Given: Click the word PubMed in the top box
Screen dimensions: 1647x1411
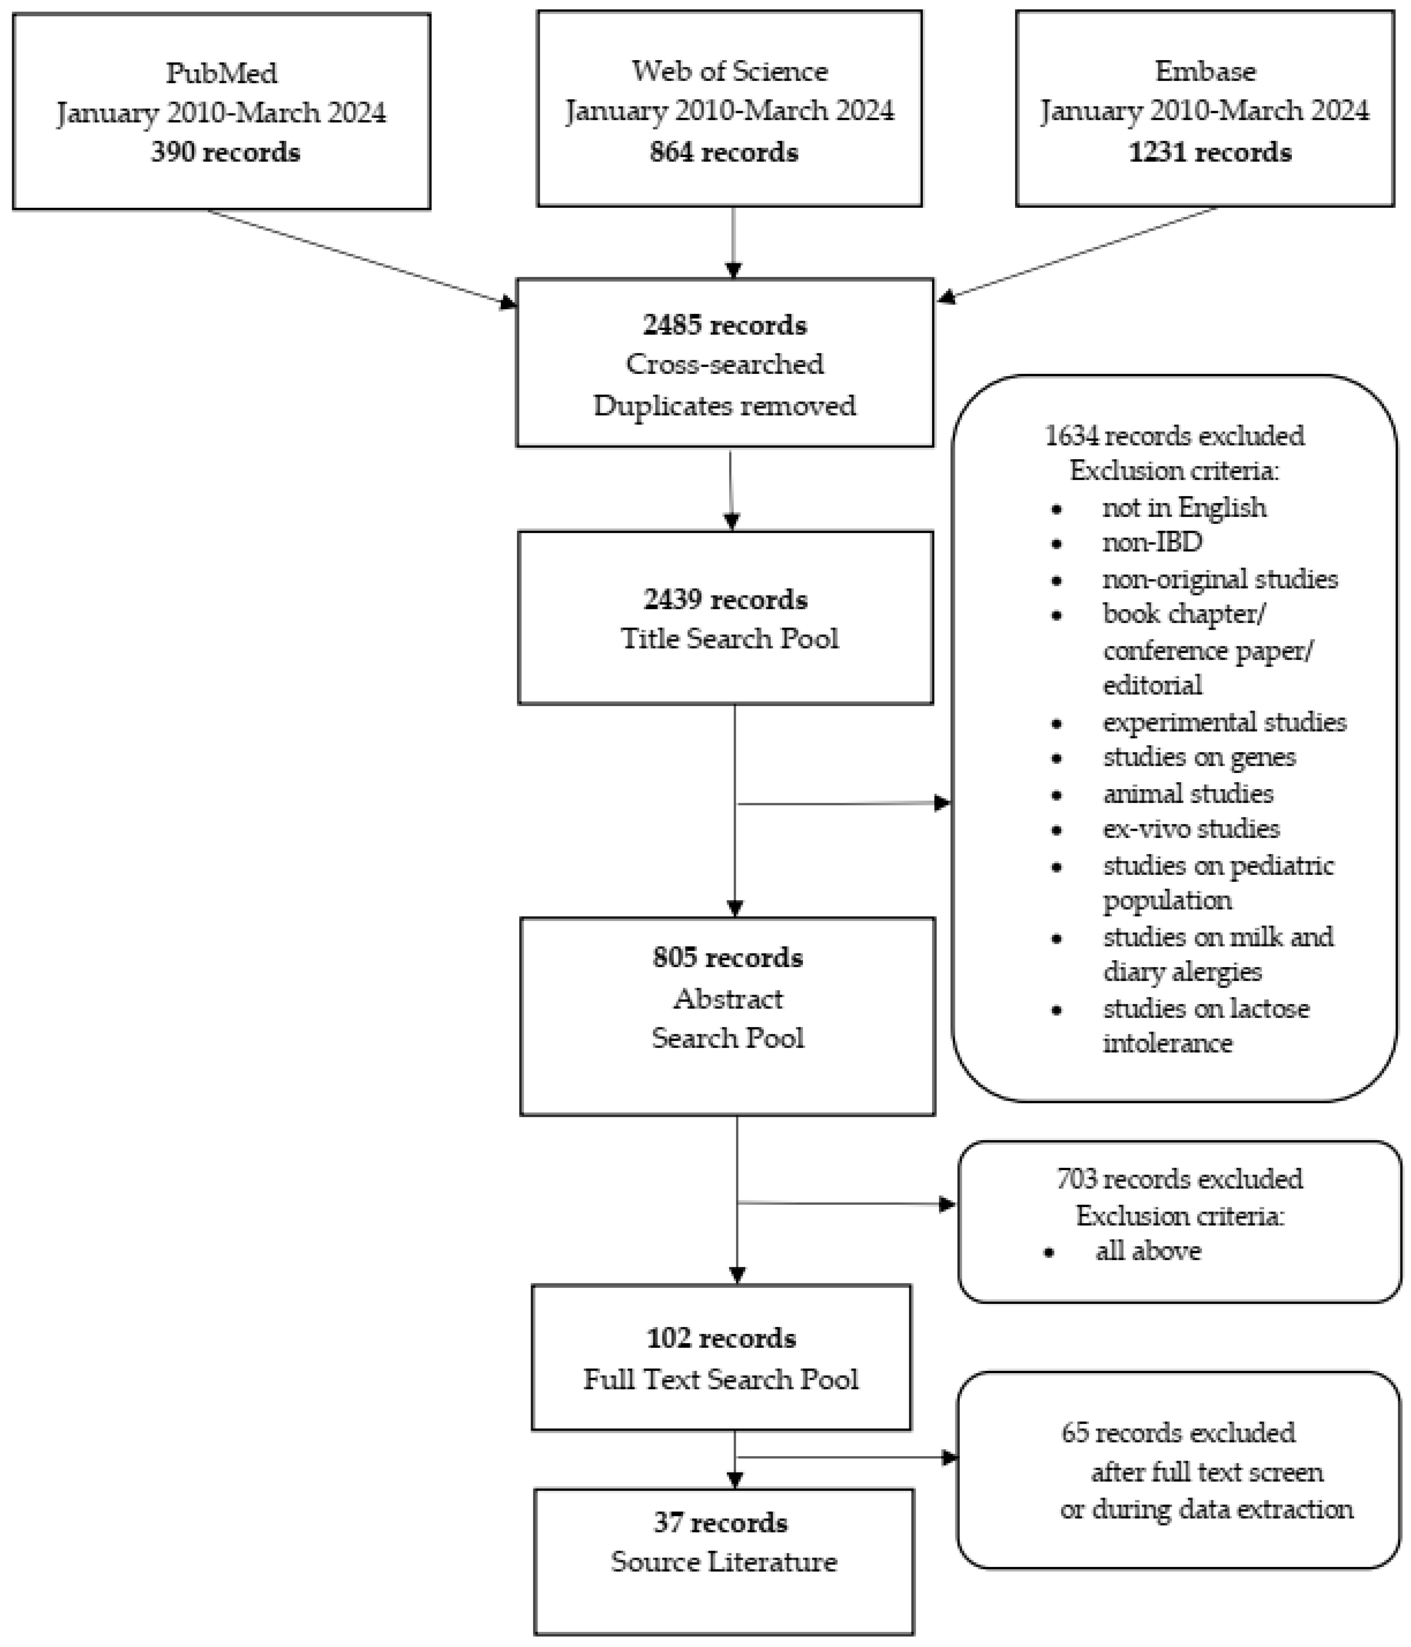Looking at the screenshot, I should coord(222,73).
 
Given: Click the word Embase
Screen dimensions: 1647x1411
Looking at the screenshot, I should coord(1205,72).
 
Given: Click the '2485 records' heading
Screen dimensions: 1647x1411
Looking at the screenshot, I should coord(725,325).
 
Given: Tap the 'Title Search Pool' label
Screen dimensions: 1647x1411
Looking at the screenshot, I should coord(729,638).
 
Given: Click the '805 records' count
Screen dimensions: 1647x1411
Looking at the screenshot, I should coord(728,958).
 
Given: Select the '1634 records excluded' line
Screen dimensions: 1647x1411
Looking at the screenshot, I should coord(1174,436).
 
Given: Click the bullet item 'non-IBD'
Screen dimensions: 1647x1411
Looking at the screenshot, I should coord(1152,542).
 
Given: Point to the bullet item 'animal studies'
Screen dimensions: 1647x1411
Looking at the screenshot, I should coord(1188,793).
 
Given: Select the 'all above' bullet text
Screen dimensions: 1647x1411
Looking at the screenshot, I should coord(1148,1251).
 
